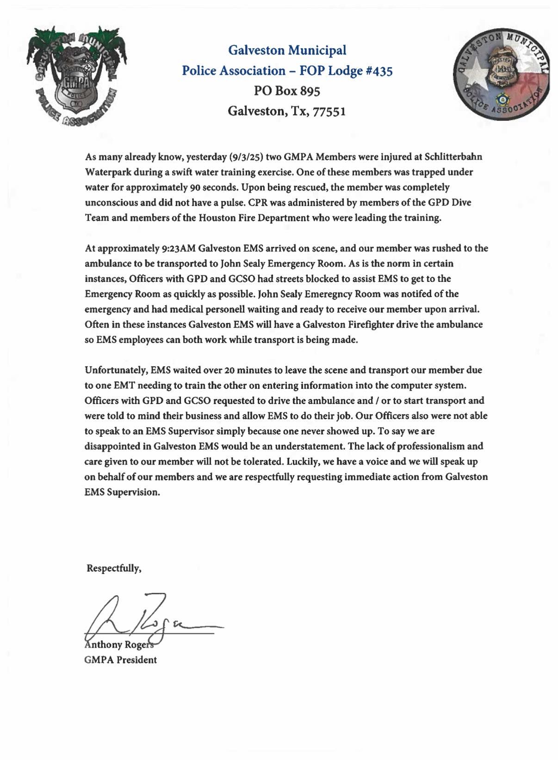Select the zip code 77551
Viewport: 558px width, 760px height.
tap(329, 112)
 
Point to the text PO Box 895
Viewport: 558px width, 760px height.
tap(287, 91)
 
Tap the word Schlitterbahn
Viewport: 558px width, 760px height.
tap(453, 157)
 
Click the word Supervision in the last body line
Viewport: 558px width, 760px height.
tap(133, 492)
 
